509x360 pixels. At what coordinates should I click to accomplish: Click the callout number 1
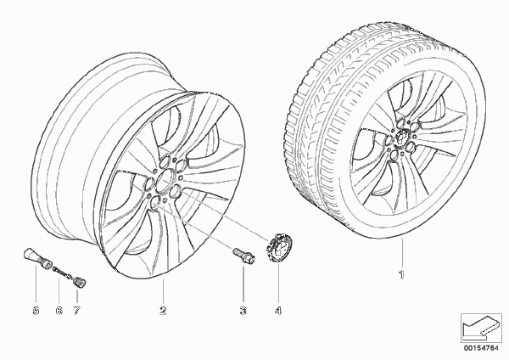(x=402, y=275)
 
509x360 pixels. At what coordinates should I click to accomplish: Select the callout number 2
(x=163, y=311)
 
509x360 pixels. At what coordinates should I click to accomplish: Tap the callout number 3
(x=243, y=311)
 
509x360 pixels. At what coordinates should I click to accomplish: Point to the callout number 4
(x=278, y=311)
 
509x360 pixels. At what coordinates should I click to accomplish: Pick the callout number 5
(x=36, y=311)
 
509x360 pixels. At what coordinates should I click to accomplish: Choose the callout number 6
(x=59, y=311)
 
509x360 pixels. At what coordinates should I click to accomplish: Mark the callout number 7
(x=76, y=311)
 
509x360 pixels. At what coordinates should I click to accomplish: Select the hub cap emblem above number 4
(x=278, y=247)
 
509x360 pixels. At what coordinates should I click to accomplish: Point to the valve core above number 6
(x=62, y=272)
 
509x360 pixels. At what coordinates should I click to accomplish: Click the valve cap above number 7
(x=78, y=281)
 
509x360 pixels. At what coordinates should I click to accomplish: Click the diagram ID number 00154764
(x=481, y=348)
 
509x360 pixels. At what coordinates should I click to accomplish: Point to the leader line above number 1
(x=402, y=253)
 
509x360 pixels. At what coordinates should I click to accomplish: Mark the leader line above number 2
(x=163, y=291)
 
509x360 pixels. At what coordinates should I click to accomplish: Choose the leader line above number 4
(x=278, y=284)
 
